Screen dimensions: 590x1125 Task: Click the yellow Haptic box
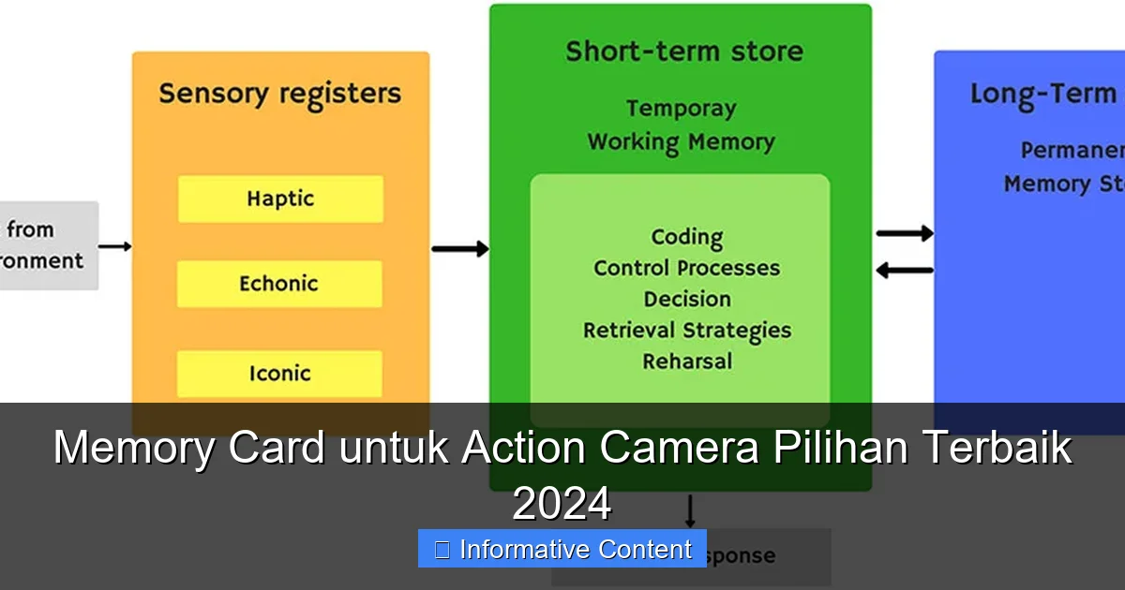(280, 199)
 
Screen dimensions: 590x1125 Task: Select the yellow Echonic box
(279, 284)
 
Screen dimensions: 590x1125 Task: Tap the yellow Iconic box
(279, 374)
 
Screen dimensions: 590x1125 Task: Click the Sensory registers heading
(279, 94)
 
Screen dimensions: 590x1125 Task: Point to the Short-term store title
(683, 51)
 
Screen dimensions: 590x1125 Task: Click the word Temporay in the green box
(681, 109)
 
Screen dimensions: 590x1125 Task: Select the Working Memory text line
(681, 142)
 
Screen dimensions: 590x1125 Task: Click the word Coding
(686, 237)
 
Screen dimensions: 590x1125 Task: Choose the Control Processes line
(686, 268)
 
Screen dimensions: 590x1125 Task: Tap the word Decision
(686, 299)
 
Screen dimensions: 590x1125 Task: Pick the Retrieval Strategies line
(686, 330)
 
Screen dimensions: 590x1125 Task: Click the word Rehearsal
(686, 361)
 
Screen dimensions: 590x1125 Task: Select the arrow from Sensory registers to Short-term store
(459, 248)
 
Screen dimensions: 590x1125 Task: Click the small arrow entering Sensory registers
(114, 246)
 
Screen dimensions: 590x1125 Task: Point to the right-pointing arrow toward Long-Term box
(904, 233)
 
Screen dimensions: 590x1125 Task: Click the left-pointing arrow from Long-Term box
(904, 271)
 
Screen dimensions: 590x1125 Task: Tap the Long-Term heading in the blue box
(1042, 94)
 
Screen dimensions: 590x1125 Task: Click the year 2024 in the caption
(562, 505)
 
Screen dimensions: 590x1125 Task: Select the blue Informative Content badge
(562, 549)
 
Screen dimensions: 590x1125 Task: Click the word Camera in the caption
(679, 448)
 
